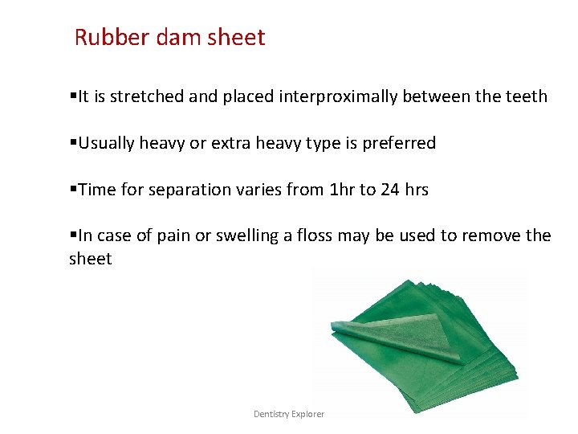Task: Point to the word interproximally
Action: pos(338,96)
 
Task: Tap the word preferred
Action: pos(398,144)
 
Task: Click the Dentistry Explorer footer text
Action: pos(289,414)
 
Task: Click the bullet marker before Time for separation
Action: pos(73,190)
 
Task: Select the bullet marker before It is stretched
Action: pos(73,96)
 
